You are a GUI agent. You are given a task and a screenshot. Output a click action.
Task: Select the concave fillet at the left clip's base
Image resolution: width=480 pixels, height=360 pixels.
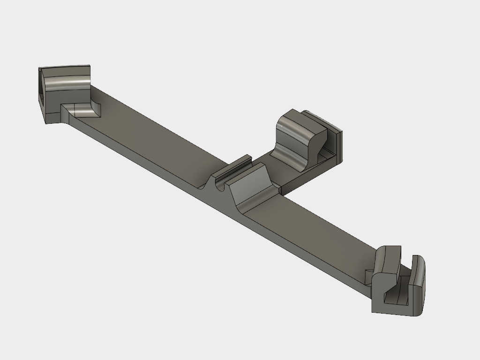click(86, 111)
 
